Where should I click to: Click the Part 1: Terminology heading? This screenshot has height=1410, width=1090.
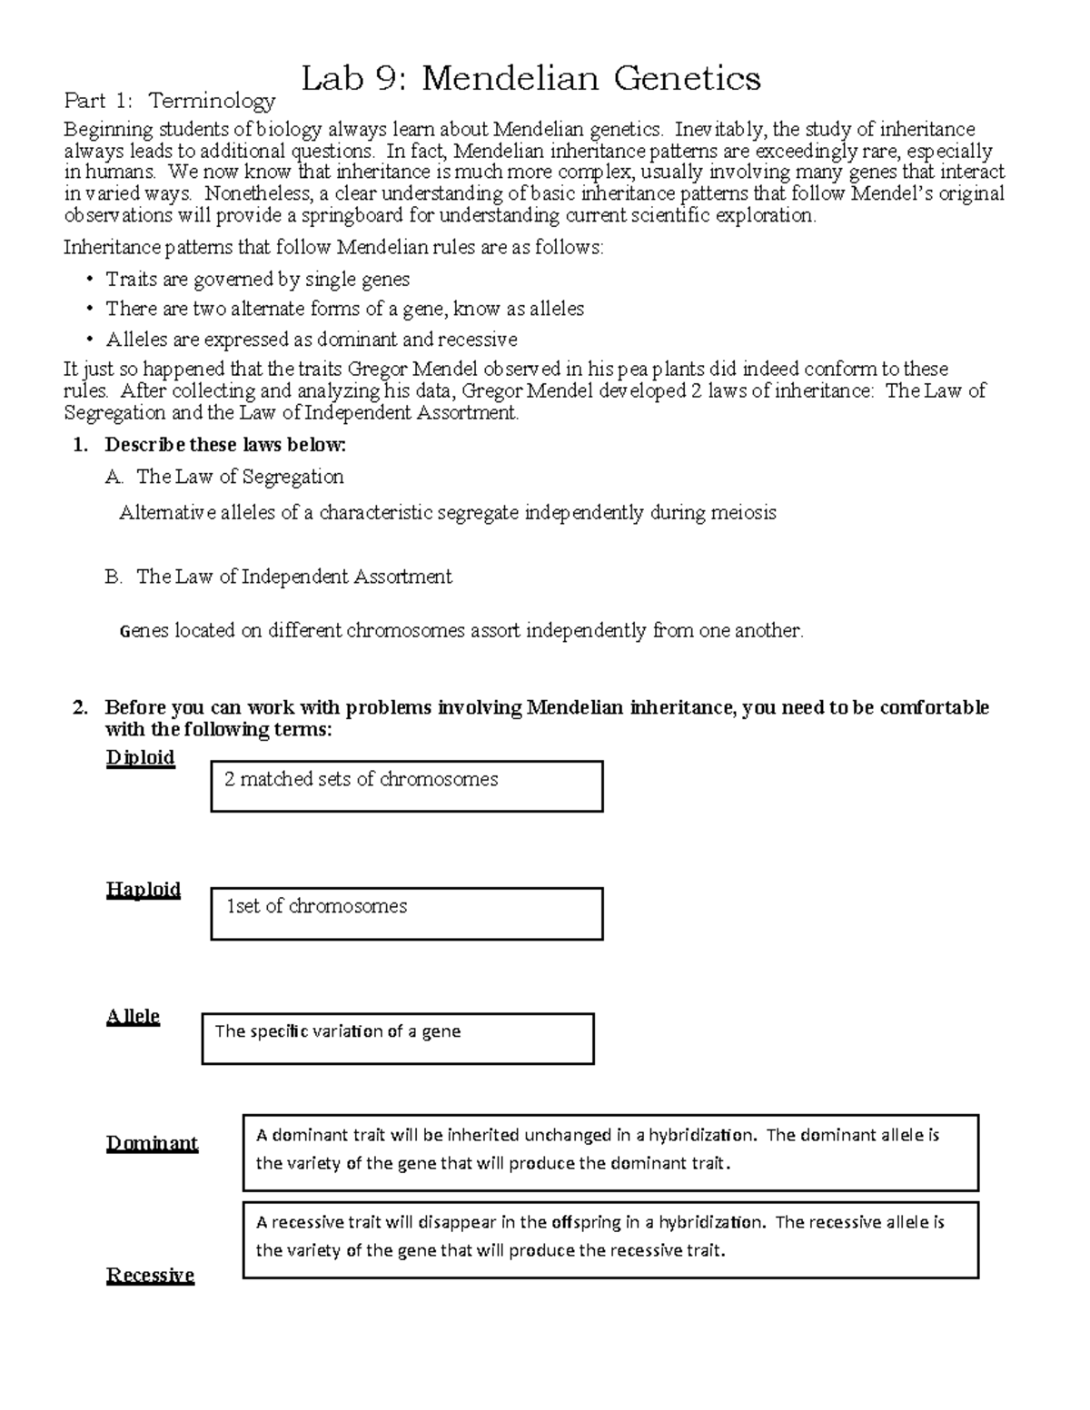pos(168,101)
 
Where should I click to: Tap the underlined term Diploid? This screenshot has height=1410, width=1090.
pos(140,757)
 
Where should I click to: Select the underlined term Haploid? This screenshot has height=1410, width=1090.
pos(143,889)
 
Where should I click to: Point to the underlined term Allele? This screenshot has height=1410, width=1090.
pos(133,1016)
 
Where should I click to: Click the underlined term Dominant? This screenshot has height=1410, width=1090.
pos(152,1143)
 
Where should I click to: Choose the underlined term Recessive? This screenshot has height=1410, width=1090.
pos(150,1275)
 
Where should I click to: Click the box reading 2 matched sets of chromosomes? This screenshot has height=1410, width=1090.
pos(406,785)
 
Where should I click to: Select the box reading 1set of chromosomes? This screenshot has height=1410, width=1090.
pos(406,912)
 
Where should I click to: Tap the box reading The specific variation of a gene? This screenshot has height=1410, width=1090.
pos(397,1038)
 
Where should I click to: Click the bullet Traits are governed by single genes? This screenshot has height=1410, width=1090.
pos(257,279)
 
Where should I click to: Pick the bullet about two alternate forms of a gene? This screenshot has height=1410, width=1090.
pos(344,309)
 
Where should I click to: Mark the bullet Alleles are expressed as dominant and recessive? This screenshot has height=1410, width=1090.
pos(311,340)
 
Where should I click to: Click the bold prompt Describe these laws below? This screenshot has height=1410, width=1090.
pos(225,445)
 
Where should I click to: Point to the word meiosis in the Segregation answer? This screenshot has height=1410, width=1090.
pos(745,513)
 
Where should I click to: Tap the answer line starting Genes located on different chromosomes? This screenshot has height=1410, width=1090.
pos(461,630)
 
